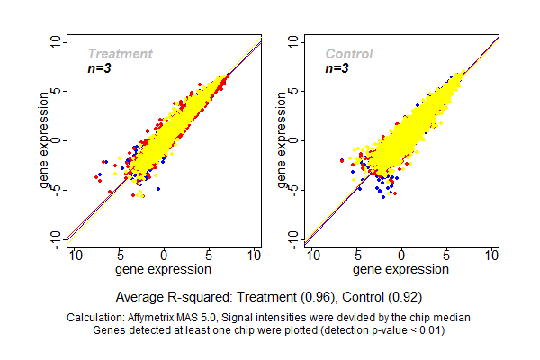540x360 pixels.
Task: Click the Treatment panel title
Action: [x=120, y=54]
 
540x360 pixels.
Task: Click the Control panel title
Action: [x=348, y=54]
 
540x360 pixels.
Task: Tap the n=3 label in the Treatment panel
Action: [x=98, y=67]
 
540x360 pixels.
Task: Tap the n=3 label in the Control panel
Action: [x=337, y=67]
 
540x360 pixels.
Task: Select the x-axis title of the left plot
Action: [x=164, y=268]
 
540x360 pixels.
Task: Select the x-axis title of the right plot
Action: [x=401, y=268]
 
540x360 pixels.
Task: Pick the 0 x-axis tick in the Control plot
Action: [x=401, y=256]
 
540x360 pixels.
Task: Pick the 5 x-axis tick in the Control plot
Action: [x=447, y=256]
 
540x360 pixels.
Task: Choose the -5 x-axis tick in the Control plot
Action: [x=355, y=256]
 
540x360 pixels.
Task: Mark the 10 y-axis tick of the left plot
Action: [x=57, y=41]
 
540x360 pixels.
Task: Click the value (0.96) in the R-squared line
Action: [x=319, y=296]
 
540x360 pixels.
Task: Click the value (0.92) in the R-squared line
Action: [x=404, y=296]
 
